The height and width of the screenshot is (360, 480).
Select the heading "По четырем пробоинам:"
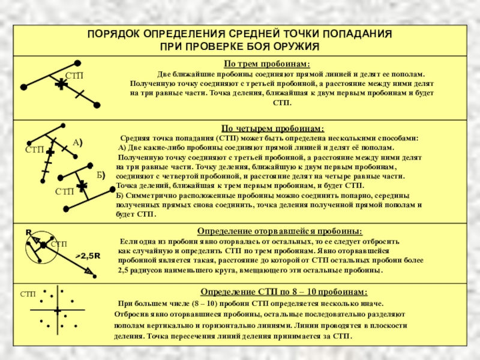273,128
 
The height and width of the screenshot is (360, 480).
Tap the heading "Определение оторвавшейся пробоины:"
280,230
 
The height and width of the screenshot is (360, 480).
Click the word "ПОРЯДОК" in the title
112,34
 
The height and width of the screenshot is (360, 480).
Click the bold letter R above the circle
28,232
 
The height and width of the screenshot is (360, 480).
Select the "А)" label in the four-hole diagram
77,143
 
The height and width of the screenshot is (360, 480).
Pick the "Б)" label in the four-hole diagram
100,175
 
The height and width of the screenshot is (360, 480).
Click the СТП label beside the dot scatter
28,294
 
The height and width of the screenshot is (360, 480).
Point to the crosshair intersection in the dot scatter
57,310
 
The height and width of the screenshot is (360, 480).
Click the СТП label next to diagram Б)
64,191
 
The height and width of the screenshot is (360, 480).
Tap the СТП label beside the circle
59,245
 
